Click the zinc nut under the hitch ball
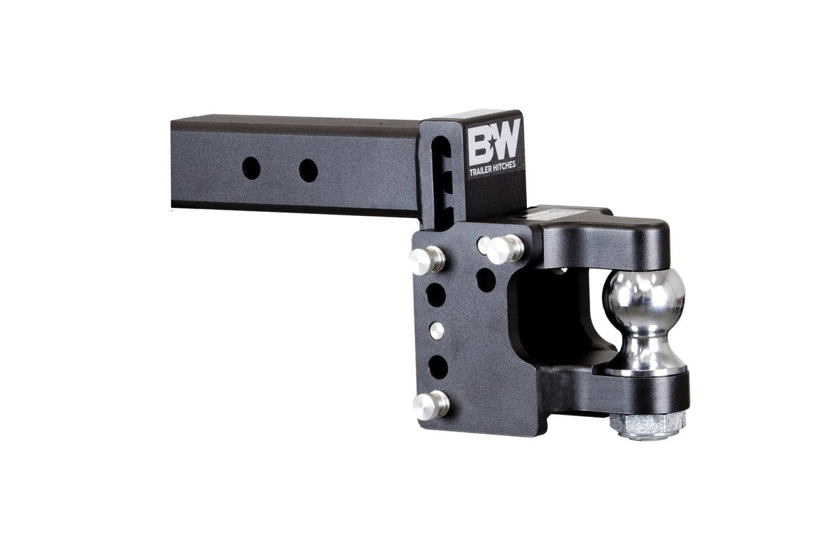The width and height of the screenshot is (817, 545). (x=647, y=425)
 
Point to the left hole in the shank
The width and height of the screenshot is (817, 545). (x=251, y=168)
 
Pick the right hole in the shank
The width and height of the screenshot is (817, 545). (x=308, y=170)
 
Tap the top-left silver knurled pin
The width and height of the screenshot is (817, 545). (x=427, y=259)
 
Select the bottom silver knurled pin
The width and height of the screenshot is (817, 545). (x=431, y=405)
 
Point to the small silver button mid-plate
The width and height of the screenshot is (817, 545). (x=436, y=330)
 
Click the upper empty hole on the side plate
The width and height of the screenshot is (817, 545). (x=436, y=294)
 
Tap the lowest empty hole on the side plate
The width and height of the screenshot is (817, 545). (x=438, y=367)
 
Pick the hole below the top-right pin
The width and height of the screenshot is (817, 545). (x=486, y=279)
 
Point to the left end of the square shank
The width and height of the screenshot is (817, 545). (x=178, y=163)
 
